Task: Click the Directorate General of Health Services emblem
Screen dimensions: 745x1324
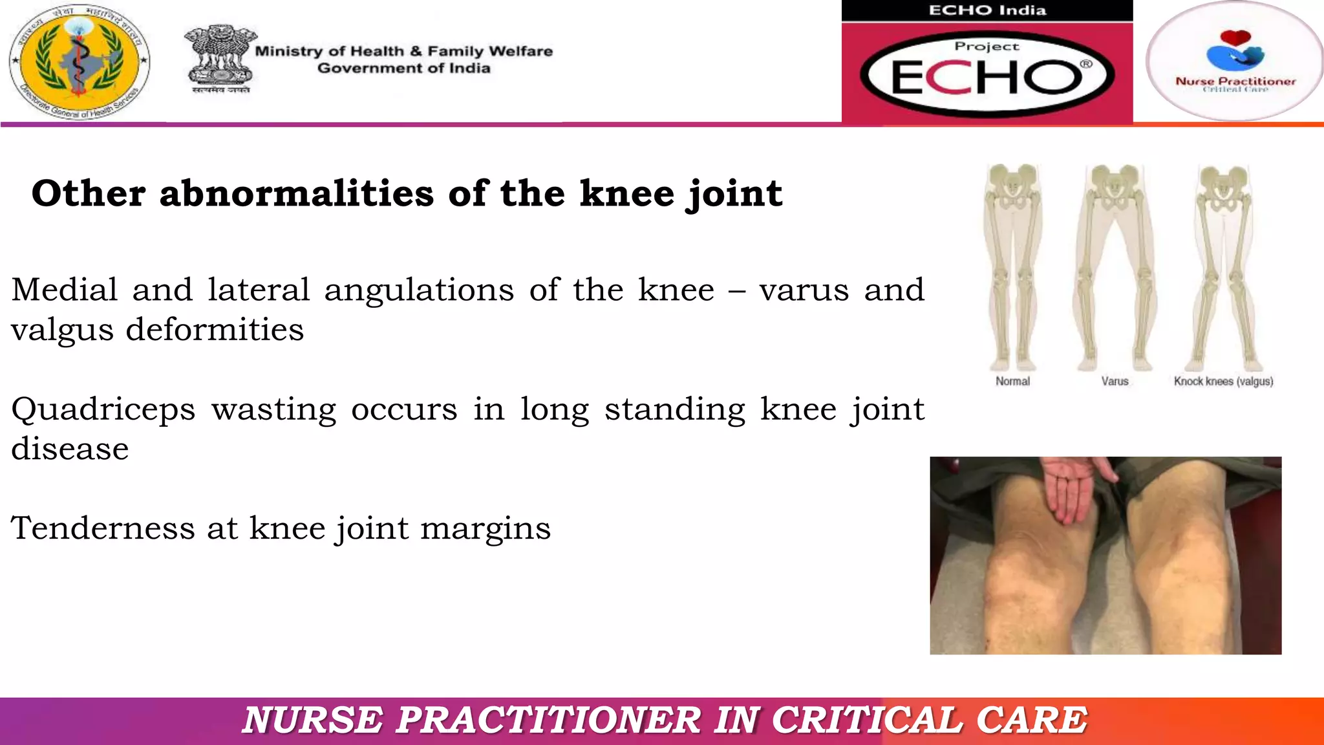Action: (x=80, y=61)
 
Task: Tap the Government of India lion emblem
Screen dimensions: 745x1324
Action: (x=220, y=59)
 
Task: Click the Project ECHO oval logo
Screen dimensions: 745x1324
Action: (x=987, y=74)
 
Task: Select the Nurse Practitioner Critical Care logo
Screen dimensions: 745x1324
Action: (x=1235, y=61)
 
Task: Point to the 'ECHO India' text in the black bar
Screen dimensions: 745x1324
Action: (x=987, y=10)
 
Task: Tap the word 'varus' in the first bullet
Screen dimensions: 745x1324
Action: (x=804, y=290)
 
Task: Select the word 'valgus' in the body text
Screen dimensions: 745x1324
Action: (x=61, y=330)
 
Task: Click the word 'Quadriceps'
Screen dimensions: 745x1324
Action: (x=103, y=410)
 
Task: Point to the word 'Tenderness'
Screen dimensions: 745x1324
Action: (x=102, y=528)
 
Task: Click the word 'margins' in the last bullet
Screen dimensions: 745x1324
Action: (x=485, y=529)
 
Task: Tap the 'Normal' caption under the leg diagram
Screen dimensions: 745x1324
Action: (x=1012, y=382)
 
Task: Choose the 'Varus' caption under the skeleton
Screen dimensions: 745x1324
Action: (x=1115, y=382)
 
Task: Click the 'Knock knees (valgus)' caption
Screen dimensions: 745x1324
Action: (x=1223, y=382)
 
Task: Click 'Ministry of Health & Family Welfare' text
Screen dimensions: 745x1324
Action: (x=404, y=51)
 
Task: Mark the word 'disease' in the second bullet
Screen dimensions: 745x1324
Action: (x=70, y=449)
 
